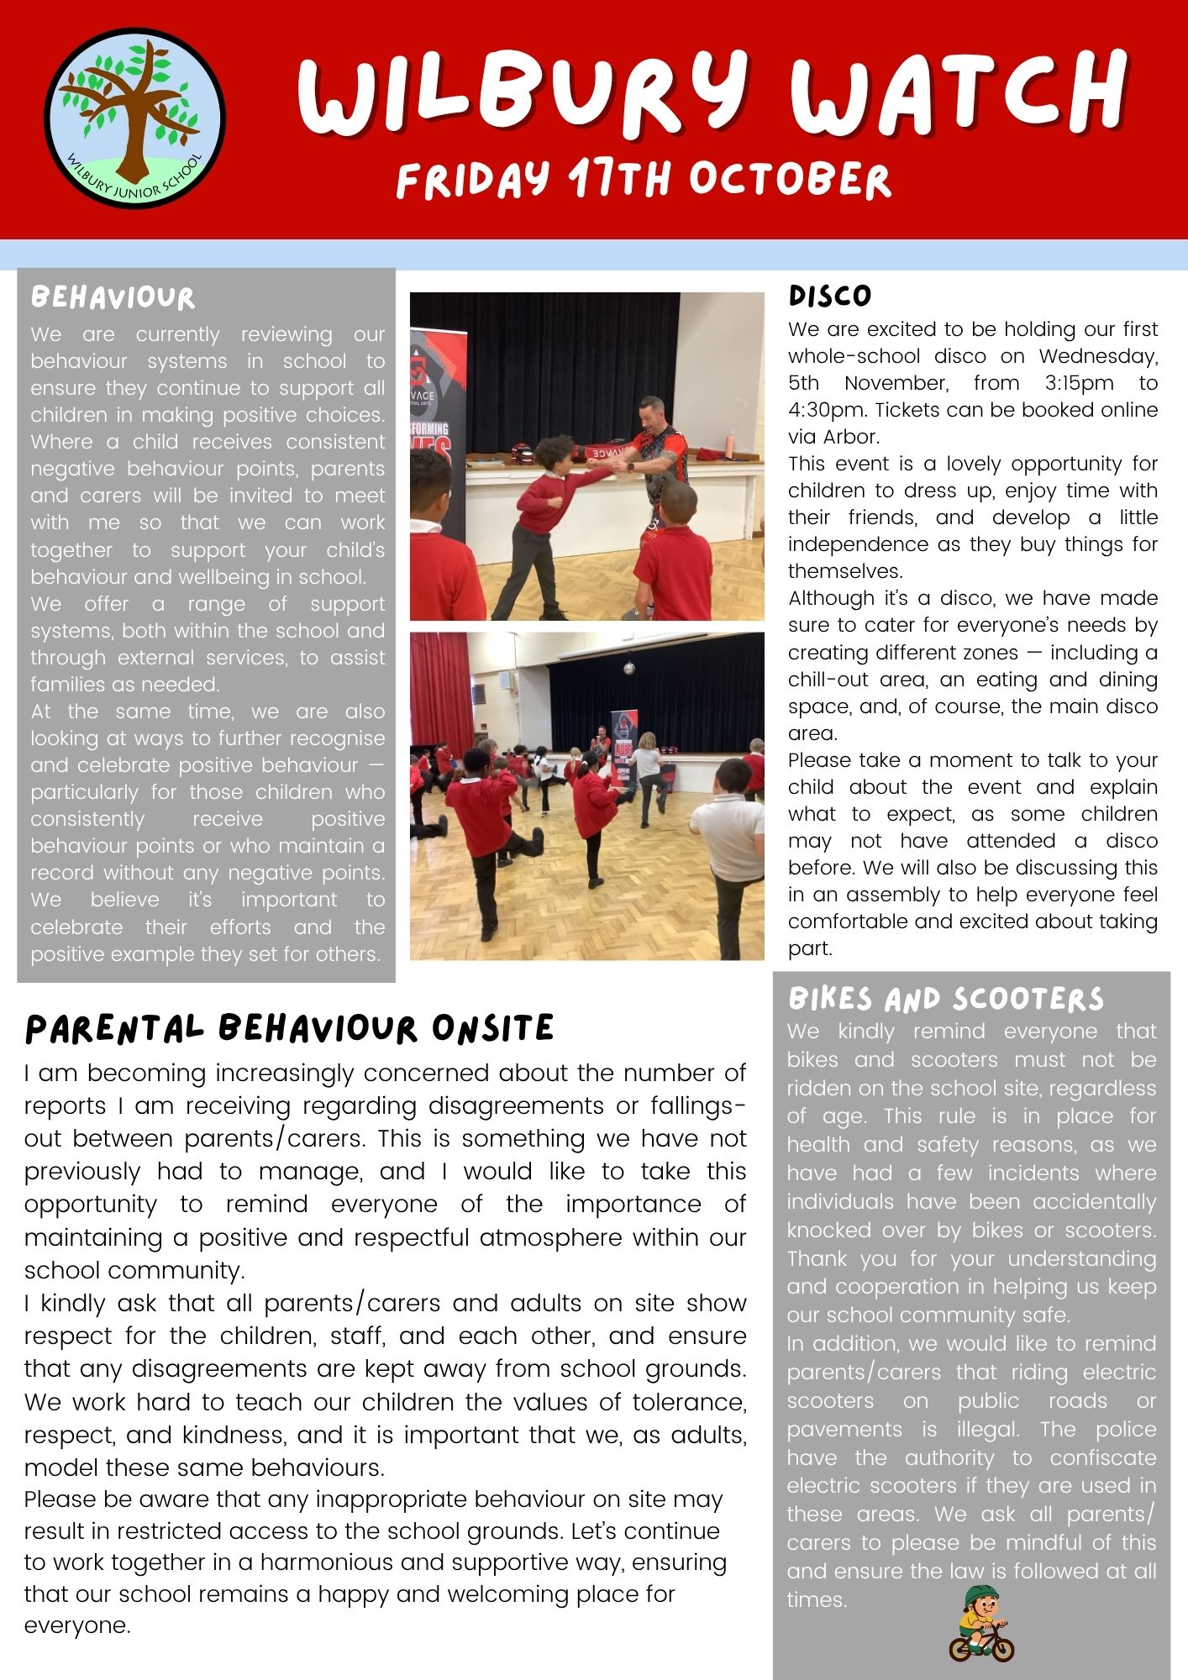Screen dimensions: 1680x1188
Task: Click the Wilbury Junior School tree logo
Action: (134, 118)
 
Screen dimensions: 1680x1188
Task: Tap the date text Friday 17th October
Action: (643, 179)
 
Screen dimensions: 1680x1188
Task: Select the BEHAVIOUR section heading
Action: (113, 297)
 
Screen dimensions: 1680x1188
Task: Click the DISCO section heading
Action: (830, 296)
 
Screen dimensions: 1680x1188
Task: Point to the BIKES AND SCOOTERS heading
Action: (946, 999)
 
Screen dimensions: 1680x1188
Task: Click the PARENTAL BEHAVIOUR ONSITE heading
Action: (290, 1029)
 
